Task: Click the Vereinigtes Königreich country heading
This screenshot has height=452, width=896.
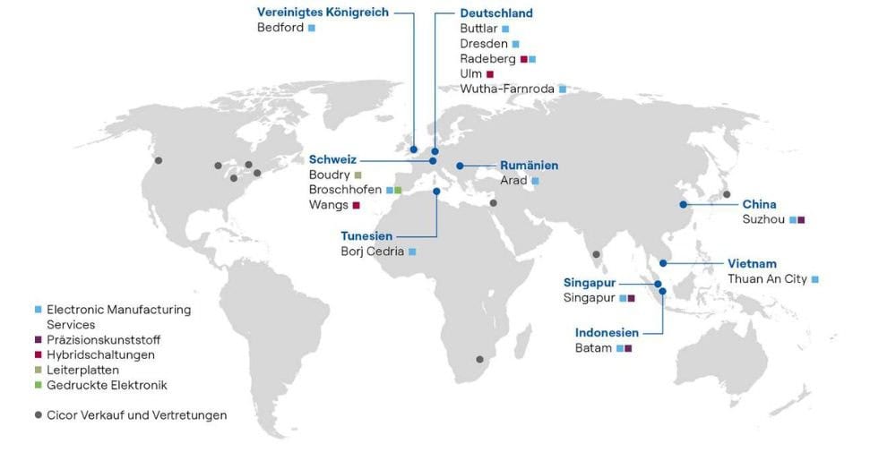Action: [x=323, y=13]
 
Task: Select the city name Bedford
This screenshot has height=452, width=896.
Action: [x=280, y=28]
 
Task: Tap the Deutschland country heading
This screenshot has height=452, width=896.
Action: [x=496, y=13]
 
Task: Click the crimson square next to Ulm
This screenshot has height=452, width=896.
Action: [x=489, y=74]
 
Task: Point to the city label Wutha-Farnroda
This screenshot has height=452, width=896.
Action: [x=506, y=89]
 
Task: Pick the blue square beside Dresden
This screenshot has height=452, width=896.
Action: [x=515, y=44]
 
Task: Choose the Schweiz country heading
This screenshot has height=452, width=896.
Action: [x=332, y=159]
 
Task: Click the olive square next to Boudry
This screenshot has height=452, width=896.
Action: [x=358, y=175]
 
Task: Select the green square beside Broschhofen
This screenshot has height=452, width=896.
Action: [x=398, y=191]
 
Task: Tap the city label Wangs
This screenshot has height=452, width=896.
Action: [x=328, y=205]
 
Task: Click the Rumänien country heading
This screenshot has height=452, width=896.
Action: [x=529, y=166]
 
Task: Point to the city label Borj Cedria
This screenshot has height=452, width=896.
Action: [x=372, y=252]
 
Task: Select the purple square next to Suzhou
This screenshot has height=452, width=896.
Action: [x=802, y=219]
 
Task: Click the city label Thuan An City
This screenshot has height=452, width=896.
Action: [x=767, y=279]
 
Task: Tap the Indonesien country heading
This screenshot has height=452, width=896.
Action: [x=606, y=332]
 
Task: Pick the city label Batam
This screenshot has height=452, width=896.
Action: [x=593, y=347]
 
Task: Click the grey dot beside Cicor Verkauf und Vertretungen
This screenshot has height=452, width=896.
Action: [x=37, y=415]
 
